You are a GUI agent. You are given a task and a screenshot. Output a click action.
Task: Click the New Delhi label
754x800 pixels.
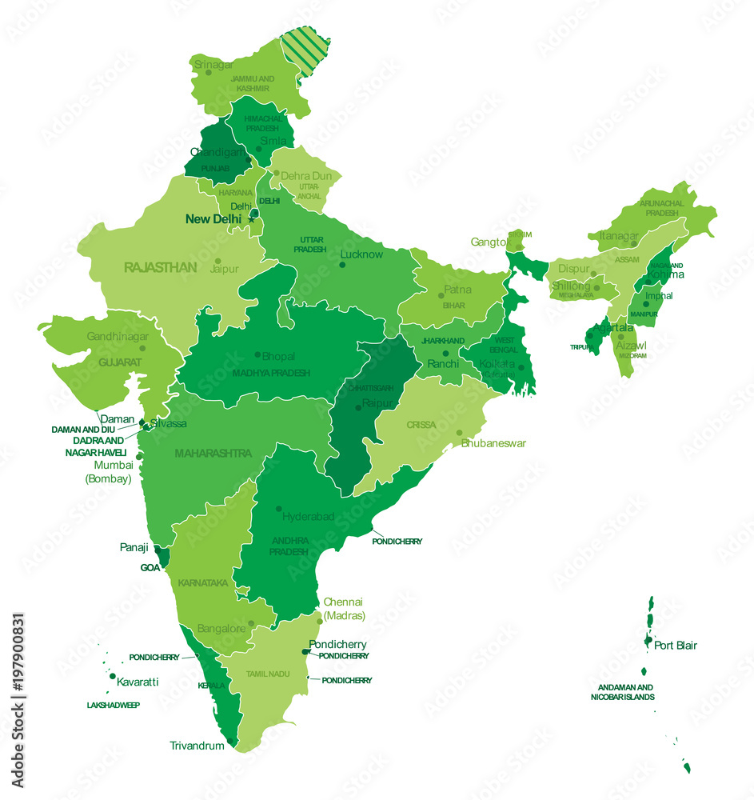[213, 218]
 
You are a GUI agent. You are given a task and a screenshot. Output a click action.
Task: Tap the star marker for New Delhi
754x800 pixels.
[251, 219]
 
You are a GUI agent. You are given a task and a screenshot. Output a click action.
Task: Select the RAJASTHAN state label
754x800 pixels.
[160, 267]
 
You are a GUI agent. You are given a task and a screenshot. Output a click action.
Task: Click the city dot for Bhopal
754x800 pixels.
[257, 354]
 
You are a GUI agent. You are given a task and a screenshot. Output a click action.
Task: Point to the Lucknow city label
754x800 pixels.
[361, 254]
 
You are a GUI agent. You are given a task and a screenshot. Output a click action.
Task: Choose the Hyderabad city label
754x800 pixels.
[308, 517]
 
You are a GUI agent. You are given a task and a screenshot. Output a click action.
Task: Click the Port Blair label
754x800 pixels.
[675, 645]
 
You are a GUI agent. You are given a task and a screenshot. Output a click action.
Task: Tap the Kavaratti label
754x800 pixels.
[138, 682]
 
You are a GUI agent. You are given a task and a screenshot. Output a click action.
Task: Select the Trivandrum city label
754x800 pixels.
[197, 746]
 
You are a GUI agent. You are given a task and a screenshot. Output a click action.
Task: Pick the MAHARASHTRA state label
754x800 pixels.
[213, 453]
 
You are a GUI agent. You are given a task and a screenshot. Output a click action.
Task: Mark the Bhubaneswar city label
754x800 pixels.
[493, 442]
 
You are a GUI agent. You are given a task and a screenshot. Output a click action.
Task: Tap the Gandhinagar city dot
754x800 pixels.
[143, 348]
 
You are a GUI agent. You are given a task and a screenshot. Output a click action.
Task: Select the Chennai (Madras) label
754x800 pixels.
[344, 609]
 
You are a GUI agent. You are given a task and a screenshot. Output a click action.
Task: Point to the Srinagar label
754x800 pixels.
[213, 64]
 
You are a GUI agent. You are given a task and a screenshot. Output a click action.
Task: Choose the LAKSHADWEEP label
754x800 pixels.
[114, 705]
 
